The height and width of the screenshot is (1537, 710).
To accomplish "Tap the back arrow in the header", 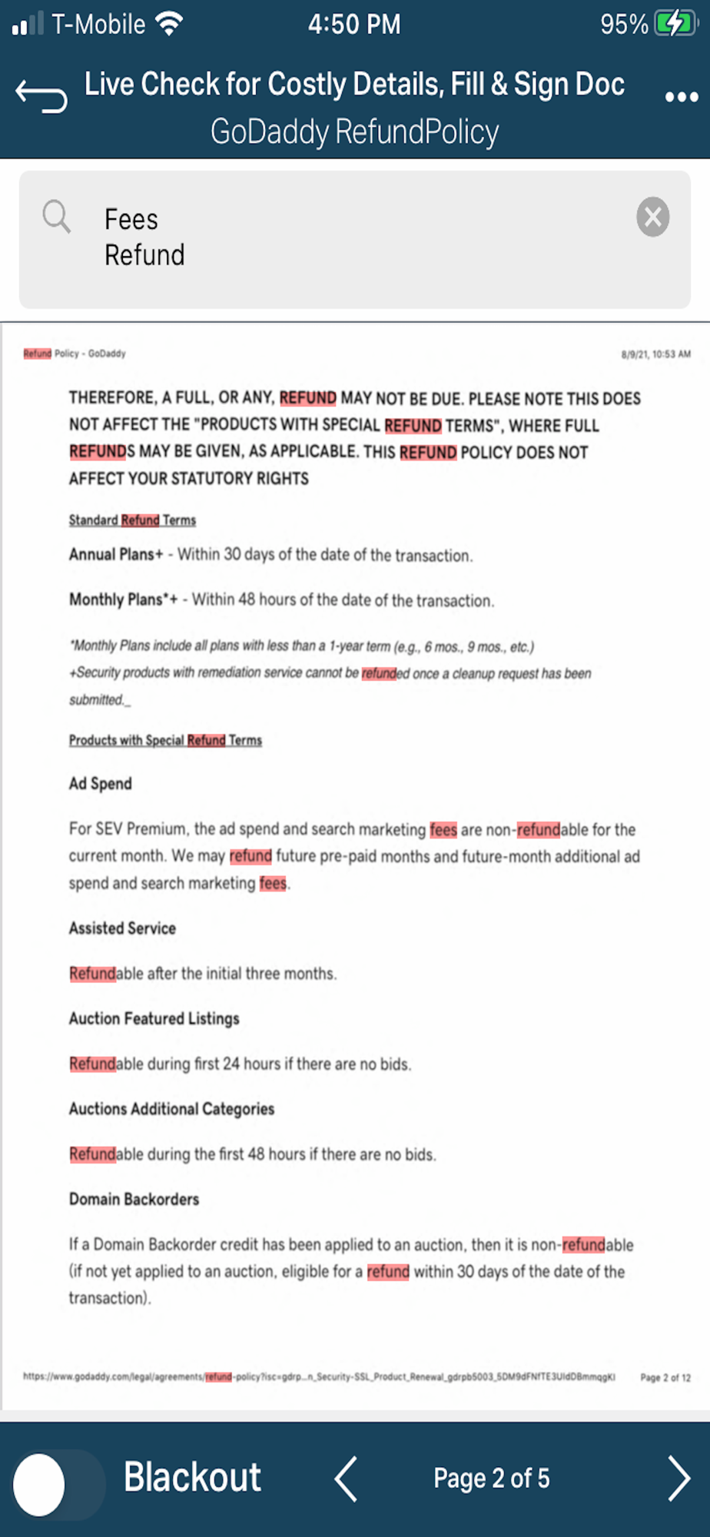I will (x=41, y=96).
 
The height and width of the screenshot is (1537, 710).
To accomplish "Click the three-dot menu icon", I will (x=681, y=97).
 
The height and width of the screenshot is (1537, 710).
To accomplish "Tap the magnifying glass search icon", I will (x=56, y=217).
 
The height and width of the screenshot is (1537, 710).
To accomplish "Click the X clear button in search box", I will (x=652, y=217).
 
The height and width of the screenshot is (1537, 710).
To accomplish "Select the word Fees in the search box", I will (x=131, y=220).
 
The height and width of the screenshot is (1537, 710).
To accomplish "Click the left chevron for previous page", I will (x=346, y=1479).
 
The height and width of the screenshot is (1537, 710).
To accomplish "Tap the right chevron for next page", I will (x=678, y=1479).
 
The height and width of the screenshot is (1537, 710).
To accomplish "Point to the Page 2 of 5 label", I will (x=491, y=1479).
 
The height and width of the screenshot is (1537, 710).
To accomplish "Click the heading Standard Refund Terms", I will (x=132, y=520).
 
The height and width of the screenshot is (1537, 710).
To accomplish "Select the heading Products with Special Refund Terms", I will (x=165, y=740).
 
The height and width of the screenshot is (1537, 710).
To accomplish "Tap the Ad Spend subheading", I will (x=101, y=784).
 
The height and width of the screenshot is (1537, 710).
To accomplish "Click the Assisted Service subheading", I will (x=122, y=928).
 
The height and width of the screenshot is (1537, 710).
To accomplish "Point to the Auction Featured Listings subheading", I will (x=154, y=1019).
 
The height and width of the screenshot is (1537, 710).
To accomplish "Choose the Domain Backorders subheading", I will (x=134, y=1200).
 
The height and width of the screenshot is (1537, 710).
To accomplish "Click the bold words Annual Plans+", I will (x=116, y=555).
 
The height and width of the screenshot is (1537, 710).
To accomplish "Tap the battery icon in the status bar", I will (x=675, y=24).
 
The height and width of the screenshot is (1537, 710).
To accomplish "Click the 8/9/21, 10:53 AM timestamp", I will (x=655, y=354).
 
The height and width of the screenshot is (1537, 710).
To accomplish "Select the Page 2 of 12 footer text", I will (x=665, y=1377).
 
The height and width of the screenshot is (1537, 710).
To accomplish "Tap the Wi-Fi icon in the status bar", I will (x=168, y=24).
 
